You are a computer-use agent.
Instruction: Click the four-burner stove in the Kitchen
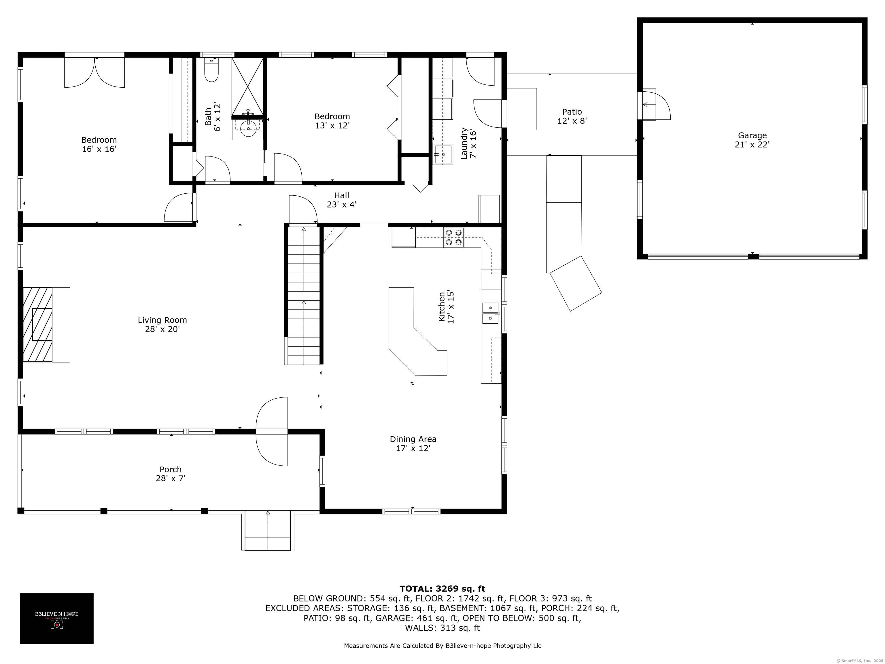tap(453, 237)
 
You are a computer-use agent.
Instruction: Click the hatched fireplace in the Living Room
tap(38, 325)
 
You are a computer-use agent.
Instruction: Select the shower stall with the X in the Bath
tap(248, 86)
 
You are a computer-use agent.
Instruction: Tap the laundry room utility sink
tap(443, 154)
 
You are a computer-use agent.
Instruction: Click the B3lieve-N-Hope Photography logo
tap(57, 618)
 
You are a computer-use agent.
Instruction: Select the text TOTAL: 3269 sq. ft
tap(442, 589)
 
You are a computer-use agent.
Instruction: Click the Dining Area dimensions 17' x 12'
tap(413, 448)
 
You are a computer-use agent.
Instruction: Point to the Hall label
tap(341, 195)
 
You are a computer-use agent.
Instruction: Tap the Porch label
tap(171, 469)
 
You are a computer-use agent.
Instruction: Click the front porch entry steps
tap(268, 531)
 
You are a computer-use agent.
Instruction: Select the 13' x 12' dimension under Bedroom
tap(332, 125)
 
